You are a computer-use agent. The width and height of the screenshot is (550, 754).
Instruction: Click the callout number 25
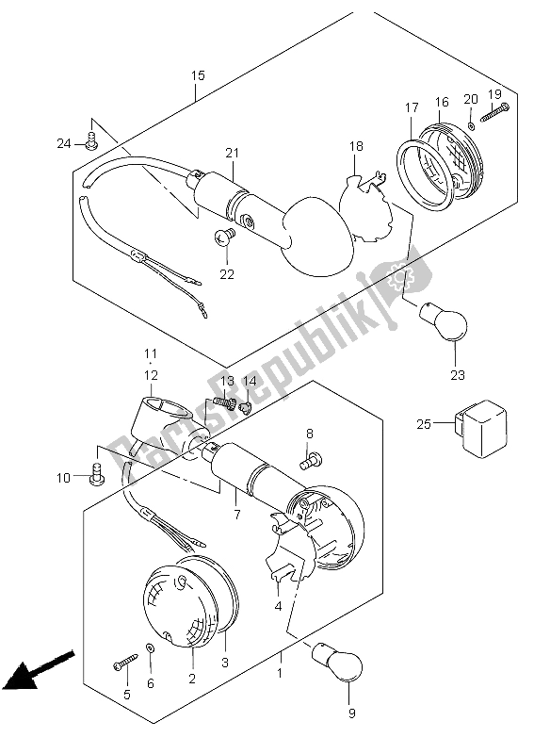pyautogui.click(x=424, y=424)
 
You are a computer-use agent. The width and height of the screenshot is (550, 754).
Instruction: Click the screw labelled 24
pyautogui.click(x=91, y=142)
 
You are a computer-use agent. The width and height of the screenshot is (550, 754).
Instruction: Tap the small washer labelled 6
pyautogui.click(x=151, y=648)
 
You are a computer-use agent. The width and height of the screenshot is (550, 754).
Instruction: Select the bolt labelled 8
pyautogui.click(x=312, y=460)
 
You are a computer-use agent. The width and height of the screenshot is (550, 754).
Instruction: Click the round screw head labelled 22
pyautogui.click(x=224, y=238)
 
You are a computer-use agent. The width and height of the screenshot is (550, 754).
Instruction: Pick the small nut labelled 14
pyautogui.click(x=246, y=408)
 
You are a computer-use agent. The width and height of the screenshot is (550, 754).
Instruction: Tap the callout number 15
pyautogui.click(x=198, y=75)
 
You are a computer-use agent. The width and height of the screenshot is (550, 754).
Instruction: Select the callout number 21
pyautogui.click(x=232, y=153)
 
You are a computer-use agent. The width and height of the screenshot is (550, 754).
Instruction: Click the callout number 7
pyautogui.click(x=237, y=514)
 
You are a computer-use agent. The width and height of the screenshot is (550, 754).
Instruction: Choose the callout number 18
pyautogui.click(x=356, y=146)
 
